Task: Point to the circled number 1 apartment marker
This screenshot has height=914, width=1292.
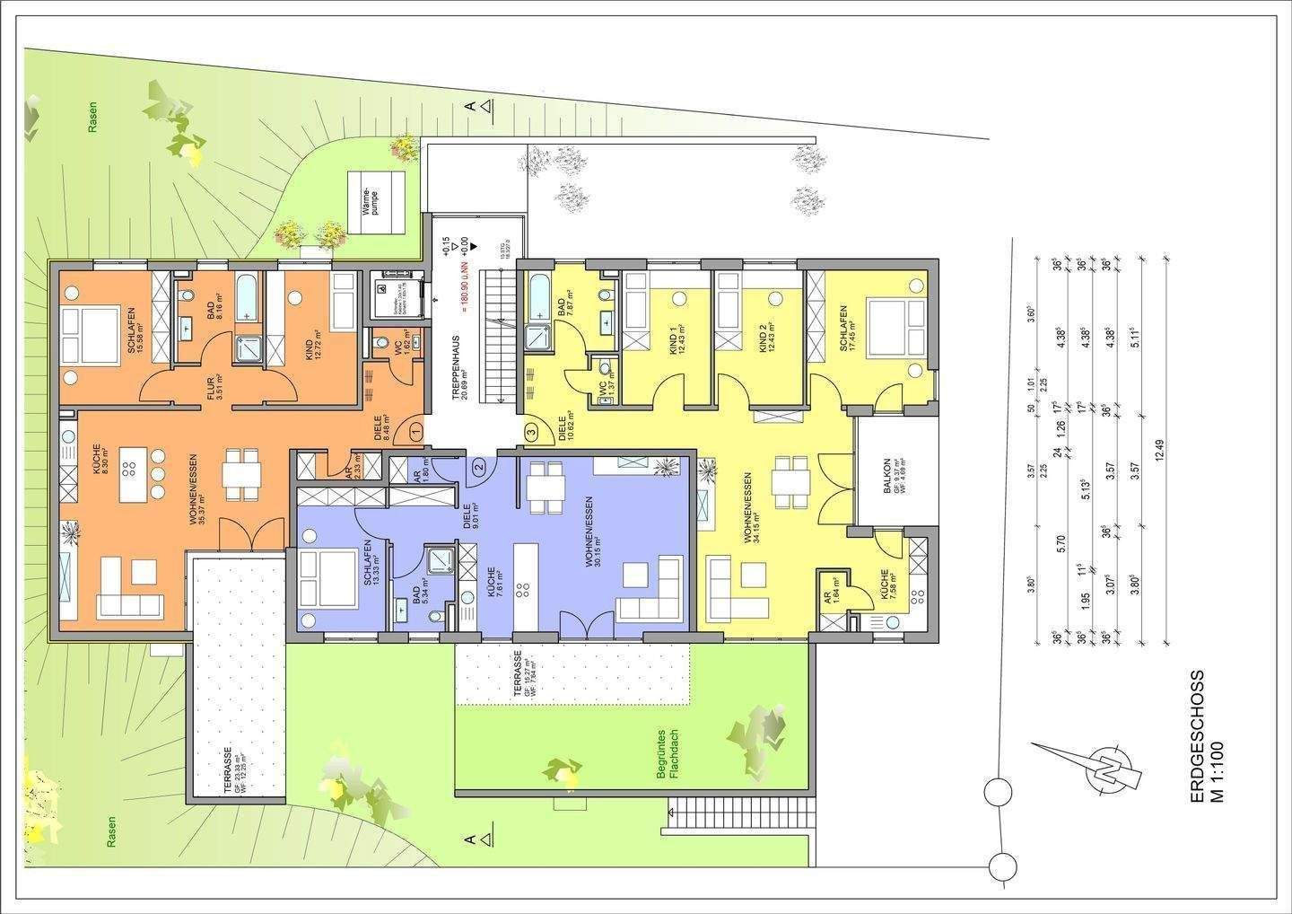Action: click(x=415, y=432)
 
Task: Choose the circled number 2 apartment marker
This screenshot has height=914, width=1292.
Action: click(x=479, y=465)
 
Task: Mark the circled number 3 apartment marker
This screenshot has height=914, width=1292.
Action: click(x=531, y=432)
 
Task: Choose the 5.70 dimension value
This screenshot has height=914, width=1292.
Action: click(x=1061, y=544)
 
